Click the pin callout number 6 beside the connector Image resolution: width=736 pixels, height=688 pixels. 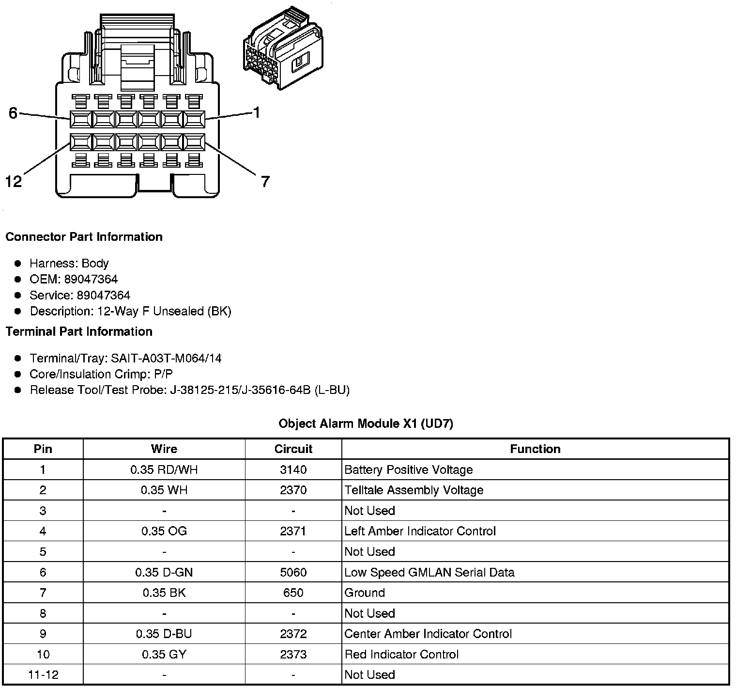pos(13,113)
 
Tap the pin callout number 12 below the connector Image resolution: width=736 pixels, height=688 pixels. pos(14,182)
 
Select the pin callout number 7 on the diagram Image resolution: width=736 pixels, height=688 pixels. pos(265,182)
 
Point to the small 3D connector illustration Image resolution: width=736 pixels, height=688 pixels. pos(284,48)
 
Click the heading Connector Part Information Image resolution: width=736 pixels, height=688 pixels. pos(84,237)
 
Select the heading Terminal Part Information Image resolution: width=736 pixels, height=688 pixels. pos(79,331)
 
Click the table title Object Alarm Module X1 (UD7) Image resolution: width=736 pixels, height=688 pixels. pos(366,423)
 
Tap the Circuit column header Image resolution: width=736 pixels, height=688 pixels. pos(293,449)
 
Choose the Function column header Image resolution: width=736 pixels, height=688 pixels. pos(535,449)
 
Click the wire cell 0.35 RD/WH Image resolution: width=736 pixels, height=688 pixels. pos(164,469)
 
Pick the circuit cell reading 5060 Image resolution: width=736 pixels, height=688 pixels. pos(293,572)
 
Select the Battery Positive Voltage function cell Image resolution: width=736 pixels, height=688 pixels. pos(408,469)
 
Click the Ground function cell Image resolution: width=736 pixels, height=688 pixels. pos(365,593)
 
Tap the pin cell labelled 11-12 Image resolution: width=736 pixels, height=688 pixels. pos(43,674)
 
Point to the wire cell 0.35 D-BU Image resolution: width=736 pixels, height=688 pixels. pos(164,634)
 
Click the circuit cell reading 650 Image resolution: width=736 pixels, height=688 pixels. pos(293,593)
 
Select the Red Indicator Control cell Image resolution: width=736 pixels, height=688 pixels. pos(401,655)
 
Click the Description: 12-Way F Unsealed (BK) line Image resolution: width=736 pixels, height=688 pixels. pos(130,311)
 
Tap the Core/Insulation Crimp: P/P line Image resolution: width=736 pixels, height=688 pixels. pos(101,374)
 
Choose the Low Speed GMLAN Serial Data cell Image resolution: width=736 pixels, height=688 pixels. pos(429,572)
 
